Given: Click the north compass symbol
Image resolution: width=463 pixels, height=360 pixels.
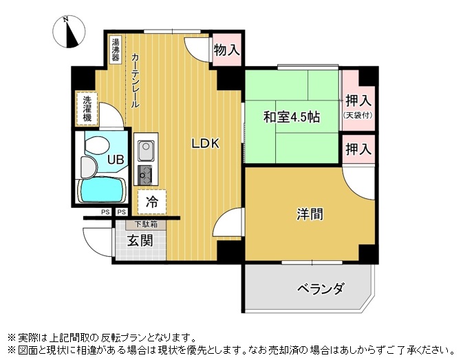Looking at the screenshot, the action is point(69,32).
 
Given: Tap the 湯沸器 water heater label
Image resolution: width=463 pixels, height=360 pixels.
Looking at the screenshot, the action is point(116,50).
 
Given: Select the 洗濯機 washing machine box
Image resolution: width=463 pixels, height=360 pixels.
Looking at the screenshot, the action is point(87,108).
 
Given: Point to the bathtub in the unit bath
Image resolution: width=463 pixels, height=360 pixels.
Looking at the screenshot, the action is point(102,190).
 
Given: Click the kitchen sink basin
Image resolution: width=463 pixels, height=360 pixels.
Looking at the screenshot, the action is point(146,151).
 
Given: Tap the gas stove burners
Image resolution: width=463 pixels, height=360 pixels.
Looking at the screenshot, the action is point(145,174).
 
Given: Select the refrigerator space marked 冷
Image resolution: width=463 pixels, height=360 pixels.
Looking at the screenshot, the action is point(152,202).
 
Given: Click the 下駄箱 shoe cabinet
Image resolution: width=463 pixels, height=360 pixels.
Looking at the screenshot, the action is point(146,224).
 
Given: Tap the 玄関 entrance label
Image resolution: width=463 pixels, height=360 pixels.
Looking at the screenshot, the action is point(140,241).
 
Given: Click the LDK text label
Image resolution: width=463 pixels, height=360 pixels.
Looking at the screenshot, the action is point(206,144).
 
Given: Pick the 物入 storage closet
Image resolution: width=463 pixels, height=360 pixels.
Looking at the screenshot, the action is point(227,50).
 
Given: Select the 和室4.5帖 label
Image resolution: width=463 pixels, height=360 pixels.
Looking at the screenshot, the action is point(292,117).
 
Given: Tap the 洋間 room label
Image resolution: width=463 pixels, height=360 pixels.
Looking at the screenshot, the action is point(310,214).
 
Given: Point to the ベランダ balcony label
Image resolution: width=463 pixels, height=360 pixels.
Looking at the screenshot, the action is point(321,288).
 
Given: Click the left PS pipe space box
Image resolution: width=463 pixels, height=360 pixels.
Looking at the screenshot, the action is point(105,212).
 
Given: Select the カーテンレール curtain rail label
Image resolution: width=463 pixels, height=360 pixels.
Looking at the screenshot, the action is point(135,80).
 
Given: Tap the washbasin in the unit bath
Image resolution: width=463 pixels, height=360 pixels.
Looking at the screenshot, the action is point(88,167).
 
